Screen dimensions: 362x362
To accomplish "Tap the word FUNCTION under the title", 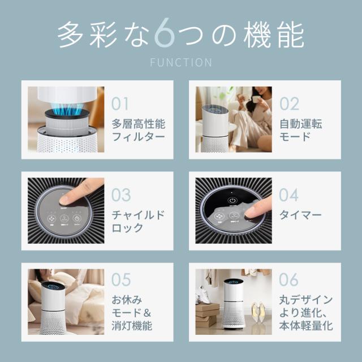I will (181, 62).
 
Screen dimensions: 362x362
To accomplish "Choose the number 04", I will (290, 195).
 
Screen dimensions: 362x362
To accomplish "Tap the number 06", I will (290, 279).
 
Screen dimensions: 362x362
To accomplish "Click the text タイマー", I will (300, 216).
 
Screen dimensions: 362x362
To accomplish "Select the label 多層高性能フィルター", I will (138, 131).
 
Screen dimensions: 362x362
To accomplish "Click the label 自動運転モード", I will (300, 131).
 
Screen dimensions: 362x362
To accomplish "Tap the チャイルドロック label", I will (138, 222).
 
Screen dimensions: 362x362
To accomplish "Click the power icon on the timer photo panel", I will (232, 200).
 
